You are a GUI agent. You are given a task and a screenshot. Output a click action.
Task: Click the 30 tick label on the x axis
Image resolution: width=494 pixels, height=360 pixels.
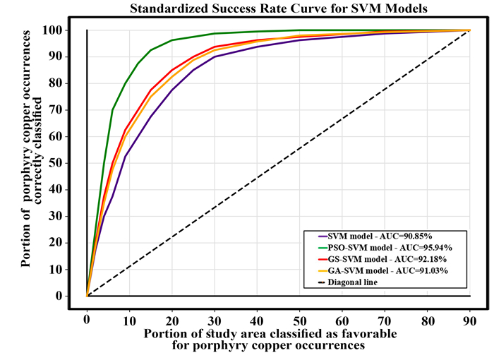click(x=215, y=320)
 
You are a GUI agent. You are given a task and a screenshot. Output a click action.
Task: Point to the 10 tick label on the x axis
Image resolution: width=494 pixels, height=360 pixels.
click(x=129, y=320)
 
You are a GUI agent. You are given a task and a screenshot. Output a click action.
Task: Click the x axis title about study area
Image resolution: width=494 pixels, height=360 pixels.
click(x=271, y=339)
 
